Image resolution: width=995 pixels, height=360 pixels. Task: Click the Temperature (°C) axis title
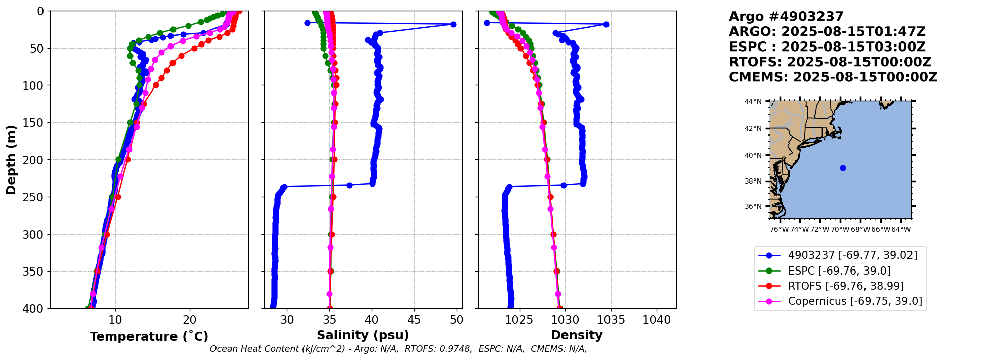tap(149, 337)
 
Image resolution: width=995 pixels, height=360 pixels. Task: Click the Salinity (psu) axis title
tap(363, 335)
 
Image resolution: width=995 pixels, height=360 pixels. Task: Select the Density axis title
tap(577, 335)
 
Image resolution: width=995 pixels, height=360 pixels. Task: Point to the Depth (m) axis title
tap(11, 160)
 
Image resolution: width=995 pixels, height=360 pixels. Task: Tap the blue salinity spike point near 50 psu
tap(453, 24)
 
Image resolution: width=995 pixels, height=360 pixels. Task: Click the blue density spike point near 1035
tap(606, 24)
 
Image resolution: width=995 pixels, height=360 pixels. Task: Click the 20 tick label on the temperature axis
tap(190, 320)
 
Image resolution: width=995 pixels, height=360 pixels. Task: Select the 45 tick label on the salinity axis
tap(414, 320)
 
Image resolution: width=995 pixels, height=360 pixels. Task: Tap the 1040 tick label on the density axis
tap(657, 320)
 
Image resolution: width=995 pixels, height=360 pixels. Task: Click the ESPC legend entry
tap(839, 271)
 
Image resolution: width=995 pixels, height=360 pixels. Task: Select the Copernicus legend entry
tap(854, 301)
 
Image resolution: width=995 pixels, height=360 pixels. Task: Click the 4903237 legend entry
tap(852, 256)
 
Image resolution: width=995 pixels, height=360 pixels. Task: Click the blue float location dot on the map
tap(843, 168)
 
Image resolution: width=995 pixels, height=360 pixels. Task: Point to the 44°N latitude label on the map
tap(753, 101)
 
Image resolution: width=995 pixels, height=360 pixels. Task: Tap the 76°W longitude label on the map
tap(779, 229)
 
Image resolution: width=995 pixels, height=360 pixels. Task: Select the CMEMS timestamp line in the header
tap(833, 77)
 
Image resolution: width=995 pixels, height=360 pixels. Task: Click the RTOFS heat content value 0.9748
tap(457, 349)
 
